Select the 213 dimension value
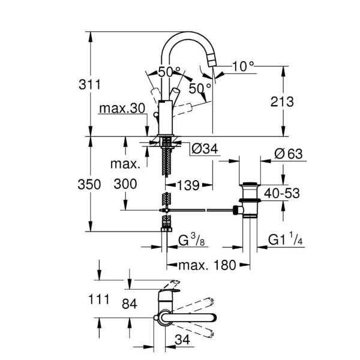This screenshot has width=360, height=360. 281,102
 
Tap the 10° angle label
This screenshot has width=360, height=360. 243,67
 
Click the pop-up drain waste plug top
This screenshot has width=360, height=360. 248,183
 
